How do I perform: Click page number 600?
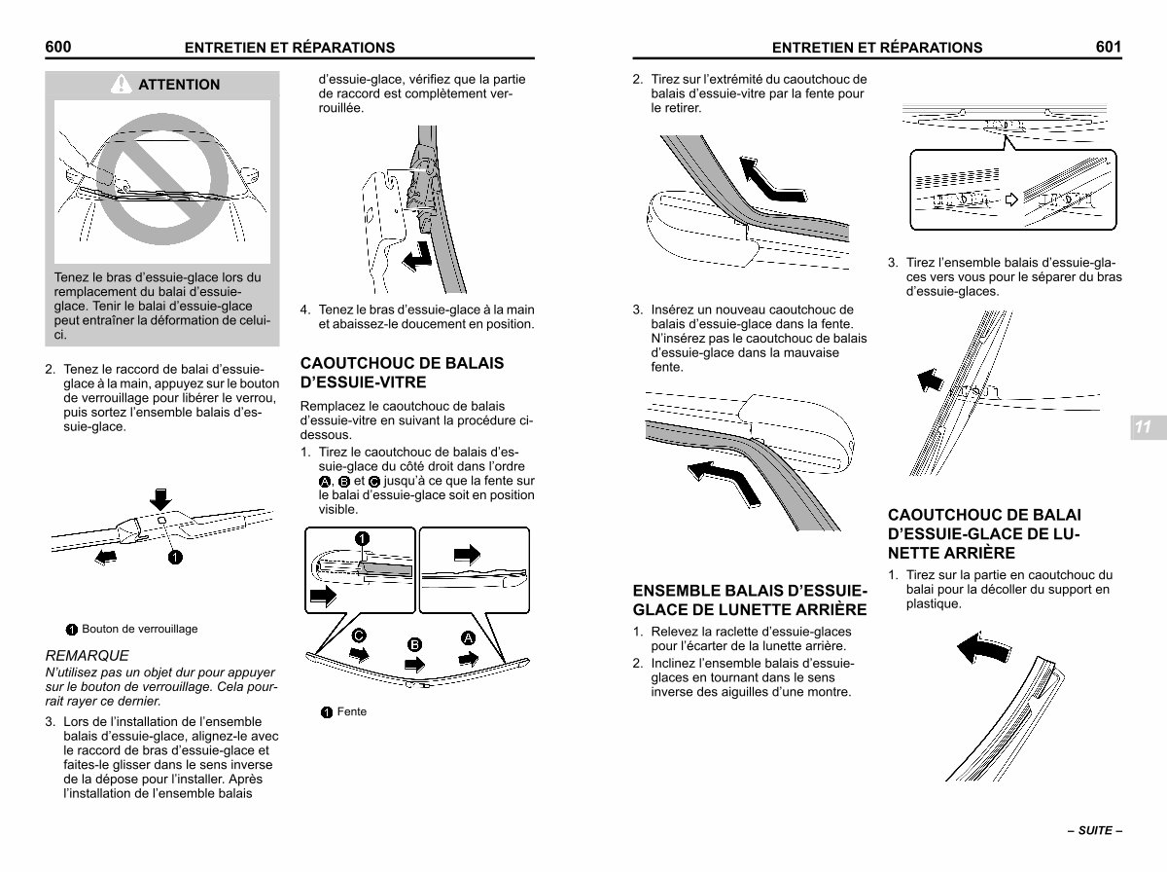pos(58,47)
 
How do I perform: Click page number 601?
pos(1109,47)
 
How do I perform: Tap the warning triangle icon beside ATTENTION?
pos(122,84)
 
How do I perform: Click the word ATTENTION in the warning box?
pos(179,85)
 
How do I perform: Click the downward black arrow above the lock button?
pos(160,499)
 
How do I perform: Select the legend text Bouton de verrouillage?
pos(140,629)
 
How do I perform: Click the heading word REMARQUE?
pos(88,656)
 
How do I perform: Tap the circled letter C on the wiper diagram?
pos(359,636)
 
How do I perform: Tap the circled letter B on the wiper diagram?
pos(414,645)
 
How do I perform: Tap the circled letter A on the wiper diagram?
pos(468,637)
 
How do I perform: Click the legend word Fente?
pos(352,711)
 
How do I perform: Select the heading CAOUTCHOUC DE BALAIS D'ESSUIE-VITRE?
pos(402,373)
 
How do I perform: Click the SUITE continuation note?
pos(1095,830)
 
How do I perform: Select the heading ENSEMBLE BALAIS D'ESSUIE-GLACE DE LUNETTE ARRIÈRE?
pos(750,599)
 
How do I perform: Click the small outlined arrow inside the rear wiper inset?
pos(1011,200)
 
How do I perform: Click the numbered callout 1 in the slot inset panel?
pos(362,539)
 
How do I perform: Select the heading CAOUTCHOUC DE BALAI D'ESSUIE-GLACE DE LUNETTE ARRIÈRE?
pos(984,533)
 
